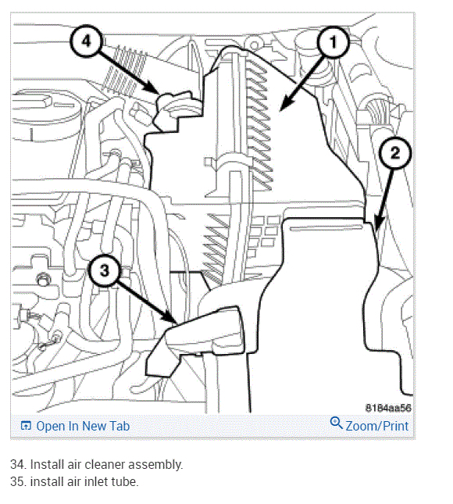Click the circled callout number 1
point(333,41)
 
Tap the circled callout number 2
point(395,152)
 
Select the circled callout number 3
point(105,270)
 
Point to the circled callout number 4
point(86,41)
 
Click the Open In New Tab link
point(83,426)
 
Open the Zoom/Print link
point(377,426)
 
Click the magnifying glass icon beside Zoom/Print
point(336,423)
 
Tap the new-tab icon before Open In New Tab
point(26,426)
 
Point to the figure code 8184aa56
point(388,408)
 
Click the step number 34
point(18,464)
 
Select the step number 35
point(18,482)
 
